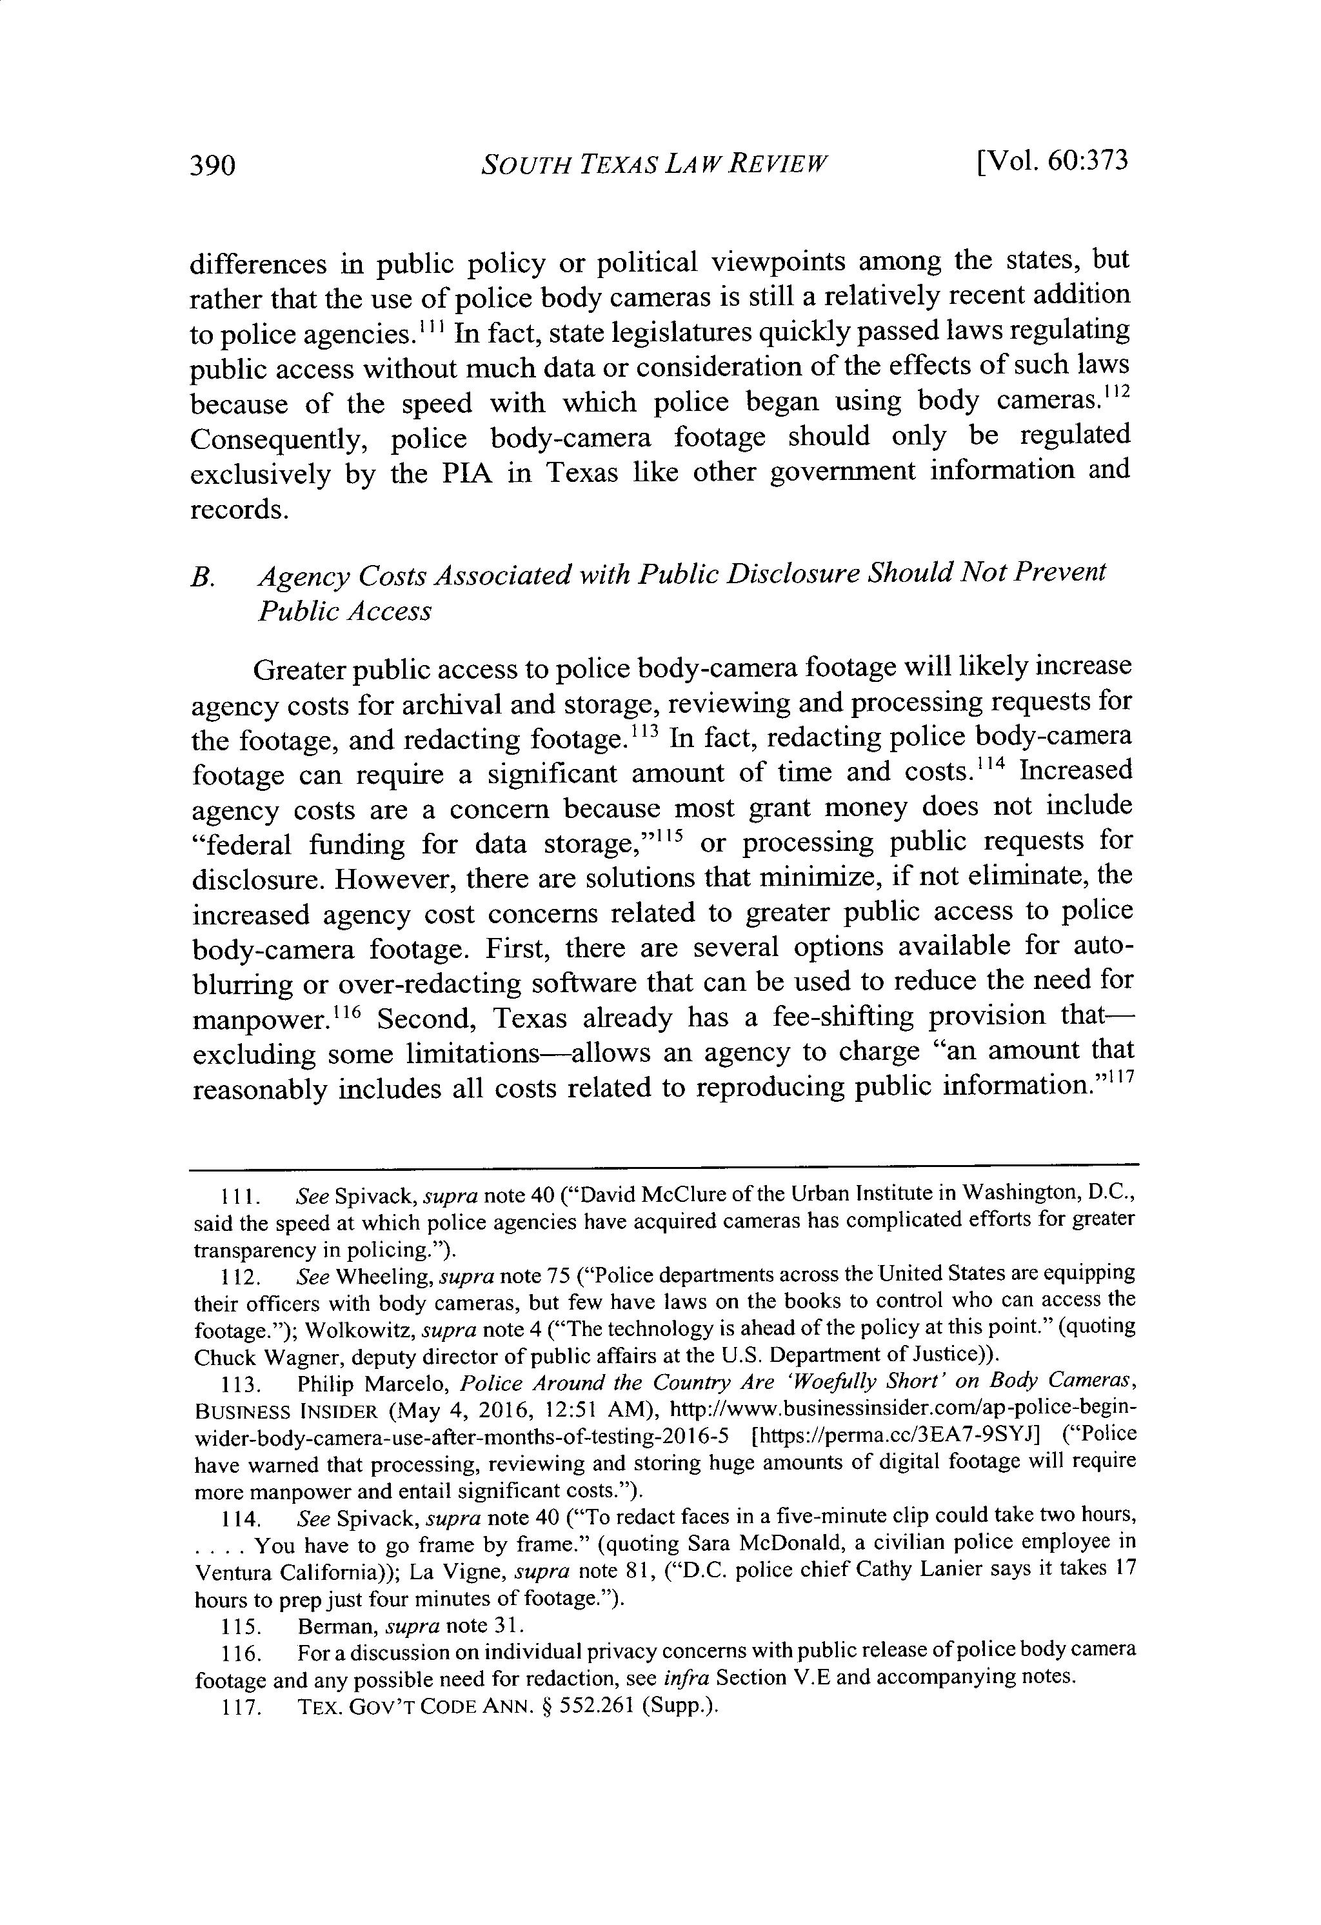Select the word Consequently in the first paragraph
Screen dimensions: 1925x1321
coord(278,439)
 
